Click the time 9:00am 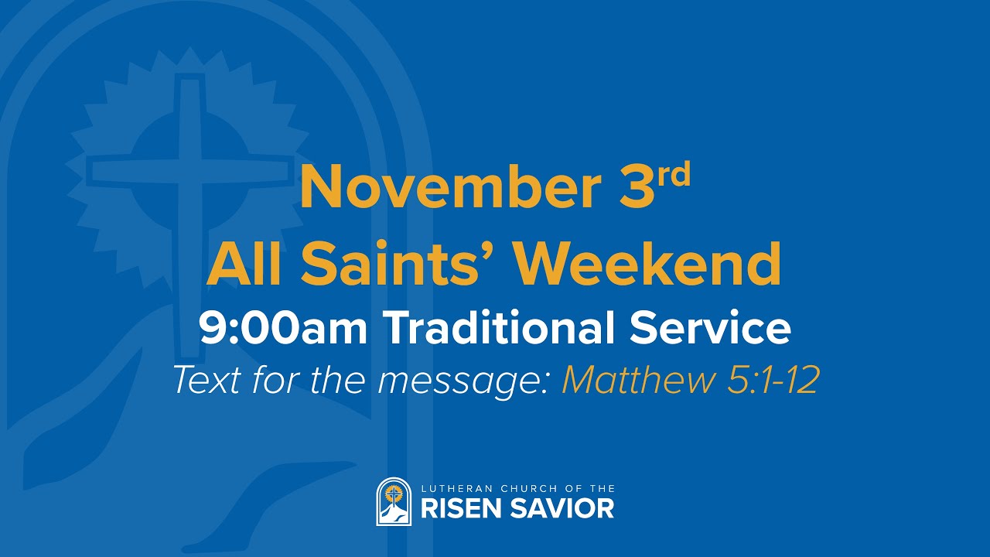point(285,328)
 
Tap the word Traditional point(502,328)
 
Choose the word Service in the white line point(711,328)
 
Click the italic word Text point(205,380)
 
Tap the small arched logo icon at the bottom point(394,501)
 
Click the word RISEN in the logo point(460,508)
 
